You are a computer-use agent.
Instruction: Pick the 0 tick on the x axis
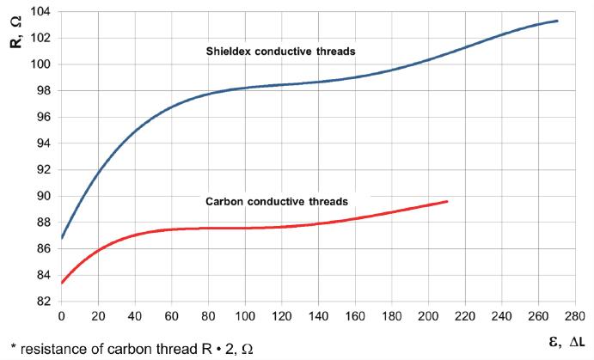click(61, 315)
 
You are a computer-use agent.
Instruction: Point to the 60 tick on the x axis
click(171, 315)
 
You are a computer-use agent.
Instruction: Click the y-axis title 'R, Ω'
click(16, 31)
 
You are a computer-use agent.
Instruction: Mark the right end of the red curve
click(448, 201)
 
